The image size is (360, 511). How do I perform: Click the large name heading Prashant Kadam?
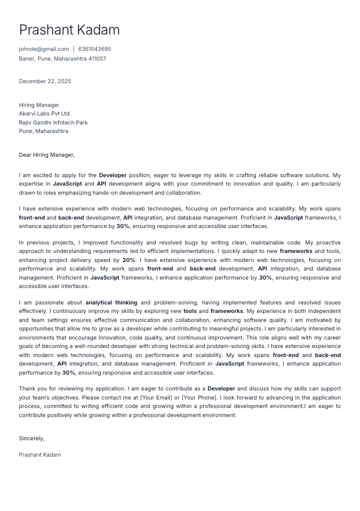click(69, 30)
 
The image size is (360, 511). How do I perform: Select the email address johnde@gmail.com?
click(44, 49)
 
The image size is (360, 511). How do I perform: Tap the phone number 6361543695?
click(95, 49)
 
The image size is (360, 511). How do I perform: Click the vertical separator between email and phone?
click(74, 49)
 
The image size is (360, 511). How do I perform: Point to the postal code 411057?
click(96, 58)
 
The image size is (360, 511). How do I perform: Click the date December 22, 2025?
click(45, 81)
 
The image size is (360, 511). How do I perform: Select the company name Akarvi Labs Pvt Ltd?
click(45, 114)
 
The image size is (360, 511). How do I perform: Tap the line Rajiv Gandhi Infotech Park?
click(53, 123)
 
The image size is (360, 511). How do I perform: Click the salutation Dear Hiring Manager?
click(46, 155)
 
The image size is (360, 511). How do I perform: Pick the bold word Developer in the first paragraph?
click(113, 175)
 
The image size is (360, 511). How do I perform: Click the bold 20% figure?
click(128, 260)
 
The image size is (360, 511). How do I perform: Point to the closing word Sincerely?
click(32, 439)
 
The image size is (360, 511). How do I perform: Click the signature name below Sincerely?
click(40, 455)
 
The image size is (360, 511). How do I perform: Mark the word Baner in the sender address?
click(27, 58)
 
